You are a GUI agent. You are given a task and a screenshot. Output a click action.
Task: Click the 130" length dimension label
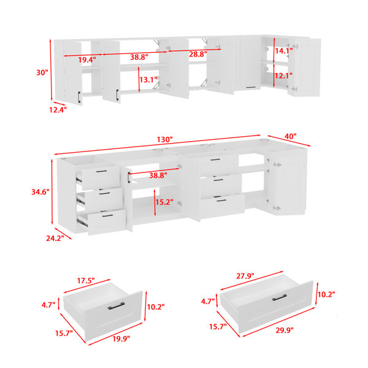click(x=165, y=140)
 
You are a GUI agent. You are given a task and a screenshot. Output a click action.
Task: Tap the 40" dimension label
click(x=291, y=136)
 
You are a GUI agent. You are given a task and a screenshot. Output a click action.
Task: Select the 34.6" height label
click(x=40, y=192)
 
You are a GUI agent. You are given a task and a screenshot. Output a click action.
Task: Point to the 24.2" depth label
click(x=55, y=239)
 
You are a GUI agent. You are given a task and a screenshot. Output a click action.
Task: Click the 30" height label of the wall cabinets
click(x=42, y=73)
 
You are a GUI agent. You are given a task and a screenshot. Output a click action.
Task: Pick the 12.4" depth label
click(x=58, y=110)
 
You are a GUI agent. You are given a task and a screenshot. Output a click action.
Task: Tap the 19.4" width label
click(x=87, y=60)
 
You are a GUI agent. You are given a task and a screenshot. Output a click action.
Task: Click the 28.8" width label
click(x=198, y=54)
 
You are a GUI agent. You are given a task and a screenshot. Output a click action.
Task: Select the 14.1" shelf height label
click(x=284, y=51)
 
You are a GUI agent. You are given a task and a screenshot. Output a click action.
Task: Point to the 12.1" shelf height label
click(x=283, y=76)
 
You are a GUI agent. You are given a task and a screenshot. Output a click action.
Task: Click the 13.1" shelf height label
click(x=148, y=80)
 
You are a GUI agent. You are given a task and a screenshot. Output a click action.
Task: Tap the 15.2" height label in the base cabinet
click(x=164, y=202)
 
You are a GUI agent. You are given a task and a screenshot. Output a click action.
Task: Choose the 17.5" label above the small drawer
click(x=86, y=280)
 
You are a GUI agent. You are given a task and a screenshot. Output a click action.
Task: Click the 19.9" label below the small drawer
click(x=121, y=339)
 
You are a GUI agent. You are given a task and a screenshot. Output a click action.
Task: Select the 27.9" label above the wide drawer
click(x=245, y=276)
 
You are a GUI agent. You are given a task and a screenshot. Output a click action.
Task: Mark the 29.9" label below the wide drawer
click(x=285, y=331)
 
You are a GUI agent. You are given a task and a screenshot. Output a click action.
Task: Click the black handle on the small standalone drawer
click(x=116, y=306)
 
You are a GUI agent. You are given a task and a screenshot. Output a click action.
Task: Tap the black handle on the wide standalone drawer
click(x=279, y=297)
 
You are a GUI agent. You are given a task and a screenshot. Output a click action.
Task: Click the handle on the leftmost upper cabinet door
click(x=79, y=97)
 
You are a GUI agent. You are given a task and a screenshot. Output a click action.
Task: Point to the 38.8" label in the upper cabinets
click(x=139, y=57)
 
